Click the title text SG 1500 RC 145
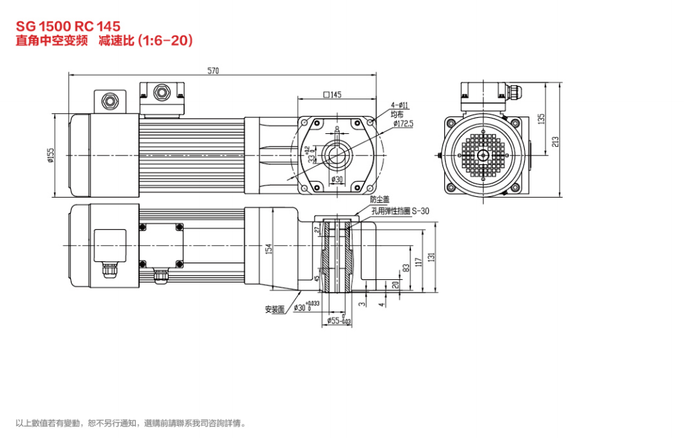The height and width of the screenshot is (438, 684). point(68,26)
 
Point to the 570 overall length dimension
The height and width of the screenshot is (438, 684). point(213,70)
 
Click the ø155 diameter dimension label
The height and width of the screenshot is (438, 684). point(50,155)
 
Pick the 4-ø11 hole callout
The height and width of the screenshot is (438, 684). point(400,105)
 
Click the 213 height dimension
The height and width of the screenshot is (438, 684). point(555,141)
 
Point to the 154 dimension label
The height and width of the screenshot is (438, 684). point(268,249)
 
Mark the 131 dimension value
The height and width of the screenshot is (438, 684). point(432,258)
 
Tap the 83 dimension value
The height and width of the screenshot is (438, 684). point(406,268)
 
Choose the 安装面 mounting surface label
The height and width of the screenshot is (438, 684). point(275,309)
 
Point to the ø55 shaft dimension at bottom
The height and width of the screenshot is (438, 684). point(337,321)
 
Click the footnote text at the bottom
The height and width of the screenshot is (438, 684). point(131,423)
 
